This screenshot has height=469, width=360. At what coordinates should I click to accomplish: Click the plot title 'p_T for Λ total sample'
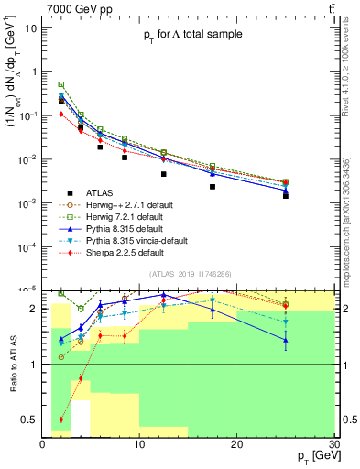click(191, 35)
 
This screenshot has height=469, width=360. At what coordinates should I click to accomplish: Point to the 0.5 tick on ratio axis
click(29, 420)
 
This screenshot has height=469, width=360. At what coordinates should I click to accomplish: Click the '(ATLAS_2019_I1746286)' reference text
click(191, 276)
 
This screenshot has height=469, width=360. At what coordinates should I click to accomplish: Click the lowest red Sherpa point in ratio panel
click(61, 420)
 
